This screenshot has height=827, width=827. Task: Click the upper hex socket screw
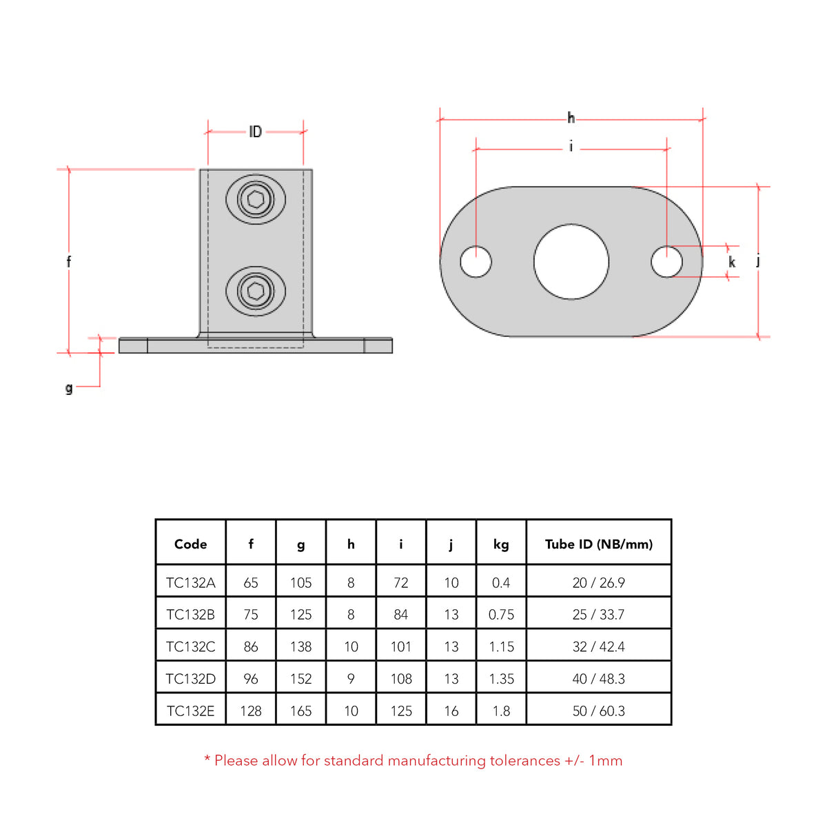(256, 200)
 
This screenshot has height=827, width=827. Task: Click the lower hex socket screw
(256, 292)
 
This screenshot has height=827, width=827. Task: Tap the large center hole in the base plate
(571, 262)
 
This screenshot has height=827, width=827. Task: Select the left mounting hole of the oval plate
(476, 262)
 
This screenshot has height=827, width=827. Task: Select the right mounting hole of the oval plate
(666, 262)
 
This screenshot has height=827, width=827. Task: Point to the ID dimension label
(256, 132)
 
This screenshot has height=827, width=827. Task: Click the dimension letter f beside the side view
(68, 262)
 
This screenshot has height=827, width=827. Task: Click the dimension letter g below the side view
(69, 388)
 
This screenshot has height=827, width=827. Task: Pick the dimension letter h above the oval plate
(571, 119)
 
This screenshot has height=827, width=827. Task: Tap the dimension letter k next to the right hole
(732, 262)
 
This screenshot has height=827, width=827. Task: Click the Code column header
(191, 544)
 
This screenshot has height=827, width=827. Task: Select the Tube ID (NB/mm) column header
(598, 544)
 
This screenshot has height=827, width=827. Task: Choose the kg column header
(501, 544)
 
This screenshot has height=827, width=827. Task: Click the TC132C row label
(191, 646)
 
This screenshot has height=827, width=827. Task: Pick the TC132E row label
(191, 711)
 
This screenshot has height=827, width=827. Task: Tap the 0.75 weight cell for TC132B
(501, 615)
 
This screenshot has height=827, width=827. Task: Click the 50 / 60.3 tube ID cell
(598, 711)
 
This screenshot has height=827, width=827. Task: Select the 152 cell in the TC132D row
(300, 679)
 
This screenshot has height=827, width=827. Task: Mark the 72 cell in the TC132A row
(401, 583)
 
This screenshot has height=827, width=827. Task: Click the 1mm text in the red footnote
(605, 761)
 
